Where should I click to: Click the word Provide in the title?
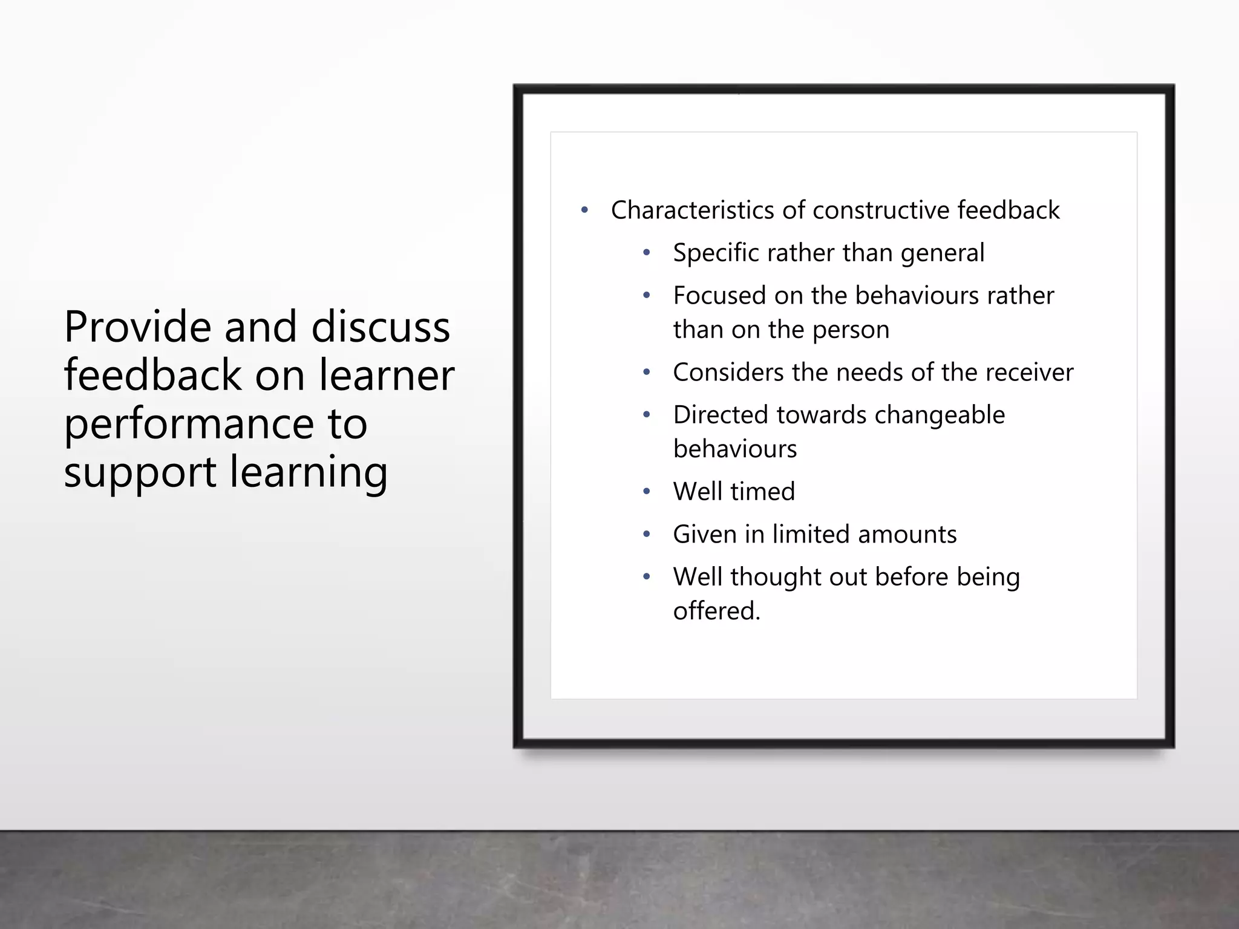[138, 327]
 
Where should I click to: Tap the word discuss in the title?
[381, 327]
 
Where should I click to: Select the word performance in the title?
[189, 425]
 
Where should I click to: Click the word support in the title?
[140, 473]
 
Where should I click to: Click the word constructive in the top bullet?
[881, 210]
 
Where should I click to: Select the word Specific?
[716, 253]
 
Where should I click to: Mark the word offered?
[716, 611]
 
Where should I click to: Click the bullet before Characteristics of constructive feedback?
[584, 210]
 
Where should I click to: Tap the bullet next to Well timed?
[647, 492]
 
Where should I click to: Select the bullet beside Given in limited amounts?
[647, 535]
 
